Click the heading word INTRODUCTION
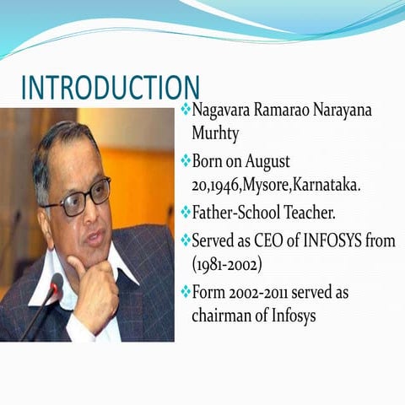tap(110, 88)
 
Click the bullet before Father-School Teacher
tap(186, 211)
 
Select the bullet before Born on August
tap(186, 160)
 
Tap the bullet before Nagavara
tap(186, 111)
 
